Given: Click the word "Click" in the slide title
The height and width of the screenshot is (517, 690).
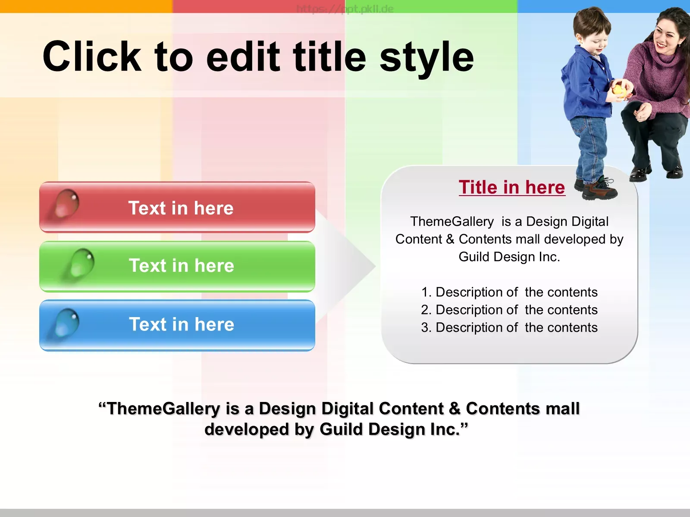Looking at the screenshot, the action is [92, 56].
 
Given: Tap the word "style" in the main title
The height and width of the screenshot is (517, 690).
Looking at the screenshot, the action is [427, 59].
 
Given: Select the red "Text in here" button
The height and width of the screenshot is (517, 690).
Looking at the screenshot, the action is [177, 207].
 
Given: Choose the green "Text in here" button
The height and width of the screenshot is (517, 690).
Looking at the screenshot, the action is [177, 266].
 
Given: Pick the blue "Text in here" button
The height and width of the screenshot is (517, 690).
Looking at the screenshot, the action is [177, 325].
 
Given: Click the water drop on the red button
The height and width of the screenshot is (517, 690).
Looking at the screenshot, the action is [66, 203].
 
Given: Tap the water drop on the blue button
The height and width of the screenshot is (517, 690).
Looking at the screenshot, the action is [66, 323].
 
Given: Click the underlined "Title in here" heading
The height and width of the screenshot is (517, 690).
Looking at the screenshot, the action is [512, 187].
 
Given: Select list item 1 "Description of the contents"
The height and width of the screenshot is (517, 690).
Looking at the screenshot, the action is [509, 292].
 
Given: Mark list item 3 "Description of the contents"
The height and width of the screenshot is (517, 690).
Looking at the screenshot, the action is [509, 327].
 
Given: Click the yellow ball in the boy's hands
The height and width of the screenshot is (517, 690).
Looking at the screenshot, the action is [618, 90].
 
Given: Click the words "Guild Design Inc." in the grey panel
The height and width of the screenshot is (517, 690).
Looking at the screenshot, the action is [509, 257].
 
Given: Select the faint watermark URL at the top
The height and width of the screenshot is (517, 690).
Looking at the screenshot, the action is [345, 9].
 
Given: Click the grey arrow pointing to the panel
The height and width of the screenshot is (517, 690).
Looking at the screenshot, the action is [346, 266].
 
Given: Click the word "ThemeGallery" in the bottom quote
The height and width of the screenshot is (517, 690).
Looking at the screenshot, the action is [163, 409].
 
